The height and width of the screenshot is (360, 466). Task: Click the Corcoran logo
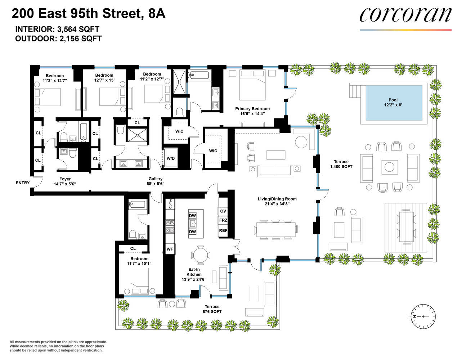click(x=405, y=15)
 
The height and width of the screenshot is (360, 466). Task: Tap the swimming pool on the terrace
click(x=394, y=103)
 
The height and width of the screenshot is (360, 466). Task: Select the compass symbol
click(x=423, y=316)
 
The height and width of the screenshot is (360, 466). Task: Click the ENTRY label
click(x=23, y=183)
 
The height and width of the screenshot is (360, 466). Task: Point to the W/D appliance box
click(x=171, y=158)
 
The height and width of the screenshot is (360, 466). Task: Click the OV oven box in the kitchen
click(x=223, y=211)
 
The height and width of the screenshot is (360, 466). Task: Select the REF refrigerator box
click(x=223, y=231)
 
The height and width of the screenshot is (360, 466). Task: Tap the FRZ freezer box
click(x=223, y=220)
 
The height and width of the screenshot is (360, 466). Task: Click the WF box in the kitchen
click(x=170, y=249)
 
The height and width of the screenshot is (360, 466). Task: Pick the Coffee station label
click(x=170, y=204)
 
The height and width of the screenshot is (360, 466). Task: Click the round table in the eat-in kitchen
click(x=200, y=256)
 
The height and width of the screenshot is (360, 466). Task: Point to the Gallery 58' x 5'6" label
click(x=156, y=181)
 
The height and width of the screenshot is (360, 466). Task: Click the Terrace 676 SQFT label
click(x=212, y=309)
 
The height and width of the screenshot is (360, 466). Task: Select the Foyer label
click(x=65, y=181)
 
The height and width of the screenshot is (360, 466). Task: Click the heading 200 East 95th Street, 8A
click(x=89, y=14)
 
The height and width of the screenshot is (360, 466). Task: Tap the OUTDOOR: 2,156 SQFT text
click(x=58, y=39)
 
